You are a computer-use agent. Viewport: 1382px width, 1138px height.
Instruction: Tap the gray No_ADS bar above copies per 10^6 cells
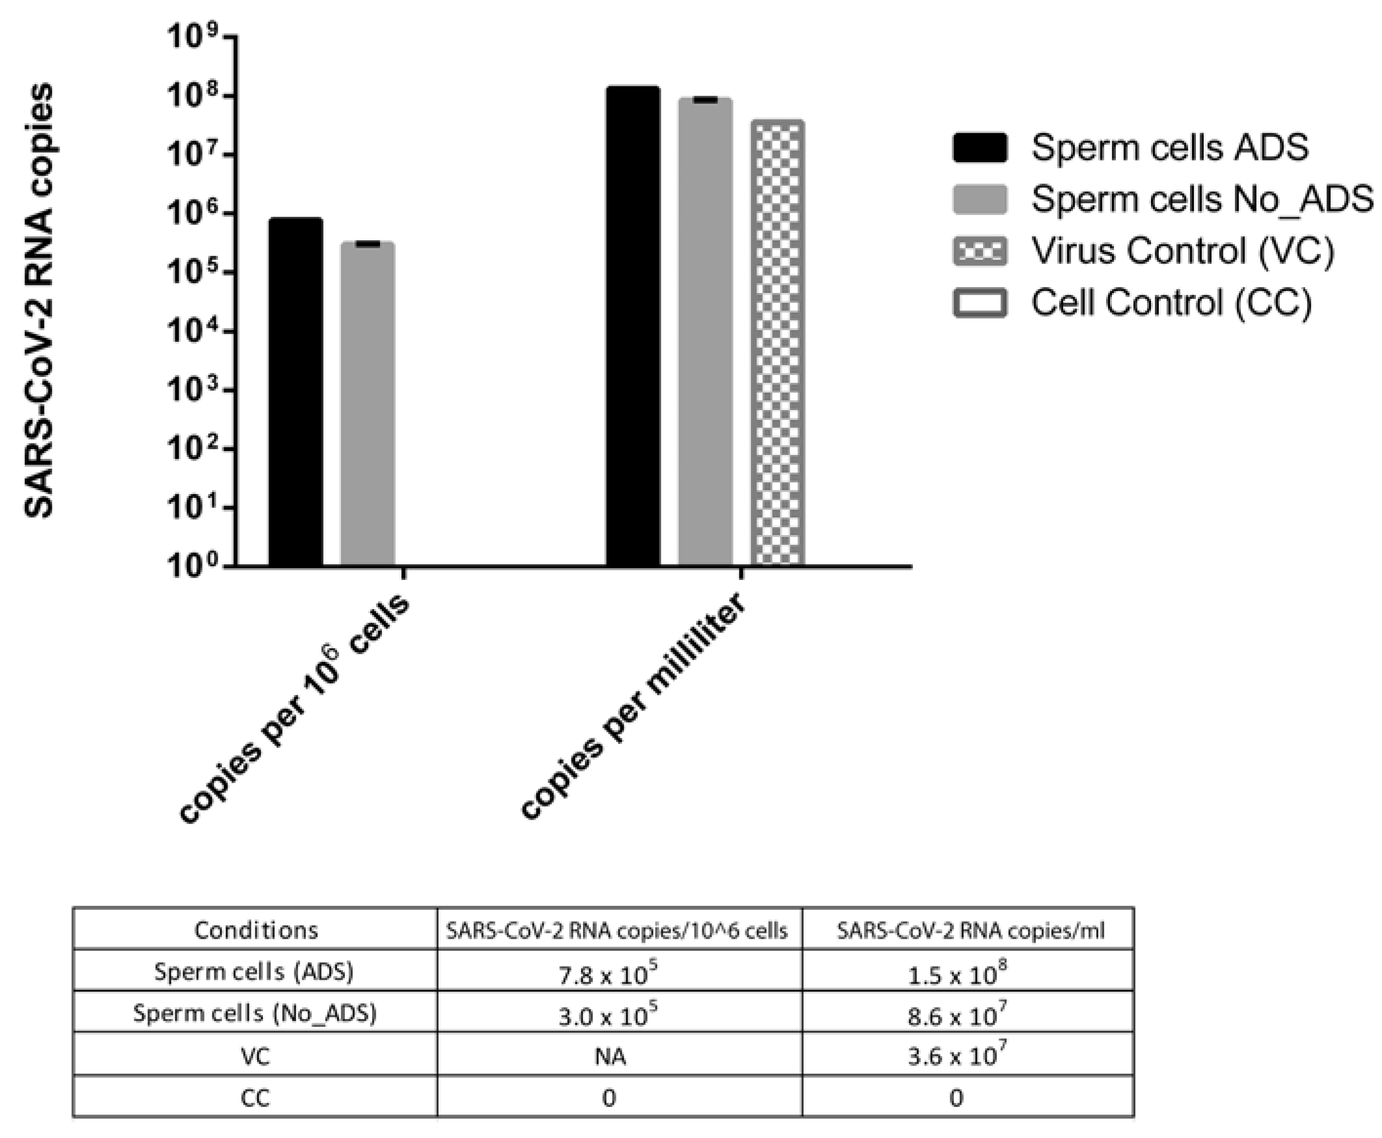click(x=367, y=403)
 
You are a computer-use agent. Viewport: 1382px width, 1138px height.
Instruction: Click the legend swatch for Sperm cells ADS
click(x=980, y=147)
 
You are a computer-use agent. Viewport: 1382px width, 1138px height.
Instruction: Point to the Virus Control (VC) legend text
click(x=1183, y=251)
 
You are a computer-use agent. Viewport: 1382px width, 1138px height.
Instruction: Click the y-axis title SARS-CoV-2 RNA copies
click(x=40, y=301)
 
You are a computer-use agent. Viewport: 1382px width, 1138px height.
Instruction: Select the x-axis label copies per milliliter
click(x=633, y=706)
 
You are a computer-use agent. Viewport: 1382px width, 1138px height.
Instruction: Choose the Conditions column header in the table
click(x=256, y=930)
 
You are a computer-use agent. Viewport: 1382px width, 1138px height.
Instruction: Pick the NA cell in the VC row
click(x=610, y=1056)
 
